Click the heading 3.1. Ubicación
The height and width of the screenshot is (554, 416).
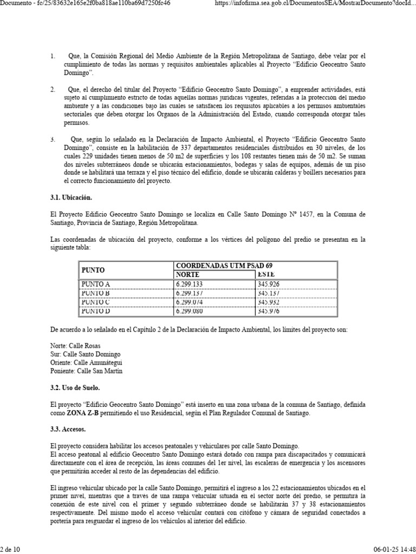(x=71, y=198)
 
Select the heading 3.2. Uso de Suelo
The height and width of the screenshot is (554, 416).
(x=75, y=388)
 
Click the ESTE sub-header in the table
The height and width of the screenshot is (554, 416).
(x=266, y=275)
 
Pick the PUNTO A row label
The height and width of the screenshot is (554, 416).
(x=95, y=284)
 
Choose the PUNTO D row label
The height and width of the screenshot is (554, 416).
(x=95, y=311)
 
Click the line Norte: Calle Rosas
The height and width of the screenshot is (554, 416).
(x=75, y=346)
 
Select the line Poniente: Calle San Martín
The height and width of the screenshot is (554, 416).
(x=86, y=371)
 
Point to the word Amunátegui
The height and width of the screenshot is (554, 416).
(x=104, y=362)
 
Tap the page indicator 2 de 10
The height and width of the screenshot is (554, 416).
(x=10, y=550)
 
